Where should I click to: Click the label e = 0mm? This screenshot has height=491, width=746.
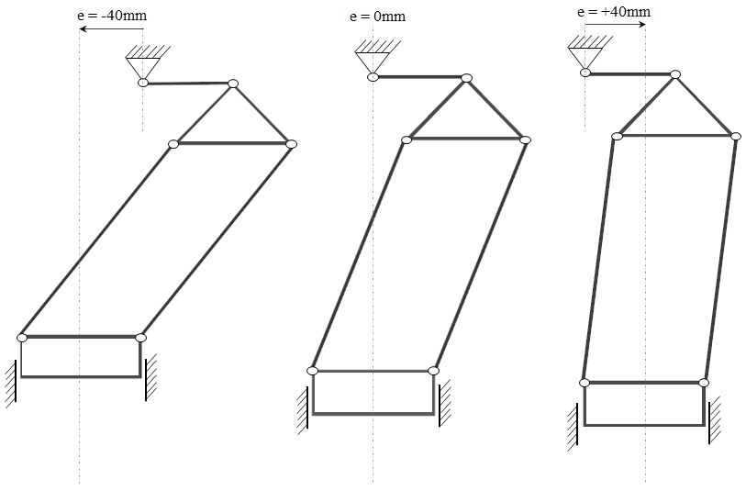(378, 17)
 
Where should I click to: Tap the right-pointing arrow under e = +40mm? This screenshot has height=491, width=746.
(615, 25)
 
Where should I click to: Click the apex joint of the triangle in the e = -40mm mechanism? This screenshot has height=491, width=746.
(233, 84)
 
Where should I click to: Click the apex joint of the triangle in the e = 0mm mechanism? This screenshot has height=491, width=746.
(466, 78)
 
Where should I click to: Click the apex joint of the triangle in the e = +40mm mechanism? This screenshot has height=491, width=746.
(676, 73)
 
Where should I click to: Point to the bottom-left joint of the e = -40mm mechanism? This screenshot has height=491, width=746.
(22, 338)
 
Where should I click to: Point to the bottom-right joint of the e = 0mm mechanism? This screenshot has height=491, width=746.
(433, 371)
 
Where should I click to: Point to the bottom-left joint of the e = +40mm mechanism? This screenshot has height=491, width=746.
(585, 382)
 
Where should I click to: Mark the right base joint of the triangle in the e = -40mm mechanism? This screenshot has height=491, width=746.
(291, 144)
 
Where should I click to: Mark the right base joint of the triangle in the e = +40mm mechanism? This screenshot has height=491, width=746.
(735, 136)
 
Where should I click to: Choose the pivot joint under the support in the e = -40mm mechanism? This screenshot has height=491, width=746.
(143, 84)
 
